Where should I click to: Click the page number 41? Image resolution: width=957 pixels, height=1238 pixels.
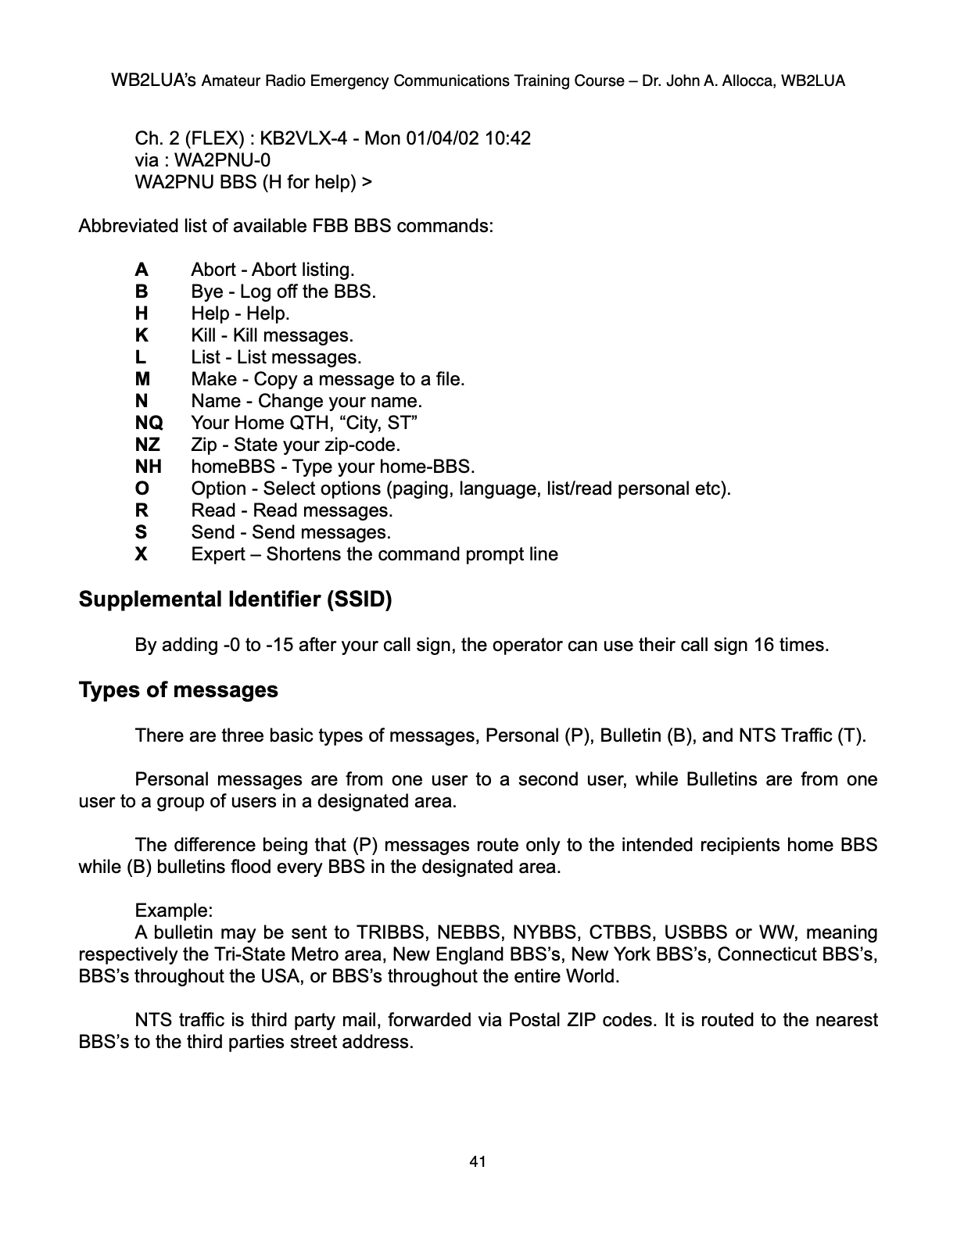point(478,1162)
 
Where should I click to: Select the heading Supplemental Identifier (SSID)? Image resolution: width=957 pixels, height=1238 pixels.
point(235,600)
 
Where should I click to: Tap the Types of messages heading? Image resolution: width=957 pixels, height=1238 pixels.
point(178,691)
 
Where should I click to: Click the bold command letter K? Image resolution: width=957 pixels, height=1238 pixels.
point(142,336)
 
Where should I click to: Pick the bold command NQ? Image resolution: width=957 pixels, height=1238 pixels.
point(149,424)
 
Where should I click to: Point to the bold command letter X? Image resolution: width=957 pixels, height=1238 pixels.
point(142,555)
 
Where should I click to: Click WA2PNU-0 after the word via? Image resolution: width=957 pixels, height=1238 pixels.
point(222,161)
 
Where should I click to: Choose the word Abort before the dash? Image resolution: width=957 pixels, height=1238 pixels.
point(213,270)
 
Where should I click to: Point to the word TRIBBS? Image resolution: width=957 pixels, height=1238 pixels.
point(387,933)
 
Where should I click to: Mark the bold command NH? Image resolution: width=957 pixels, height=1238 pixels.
point(149,467)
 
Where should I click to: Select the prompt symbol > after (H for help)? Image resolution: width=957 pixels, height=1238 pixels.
point(367,183)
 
